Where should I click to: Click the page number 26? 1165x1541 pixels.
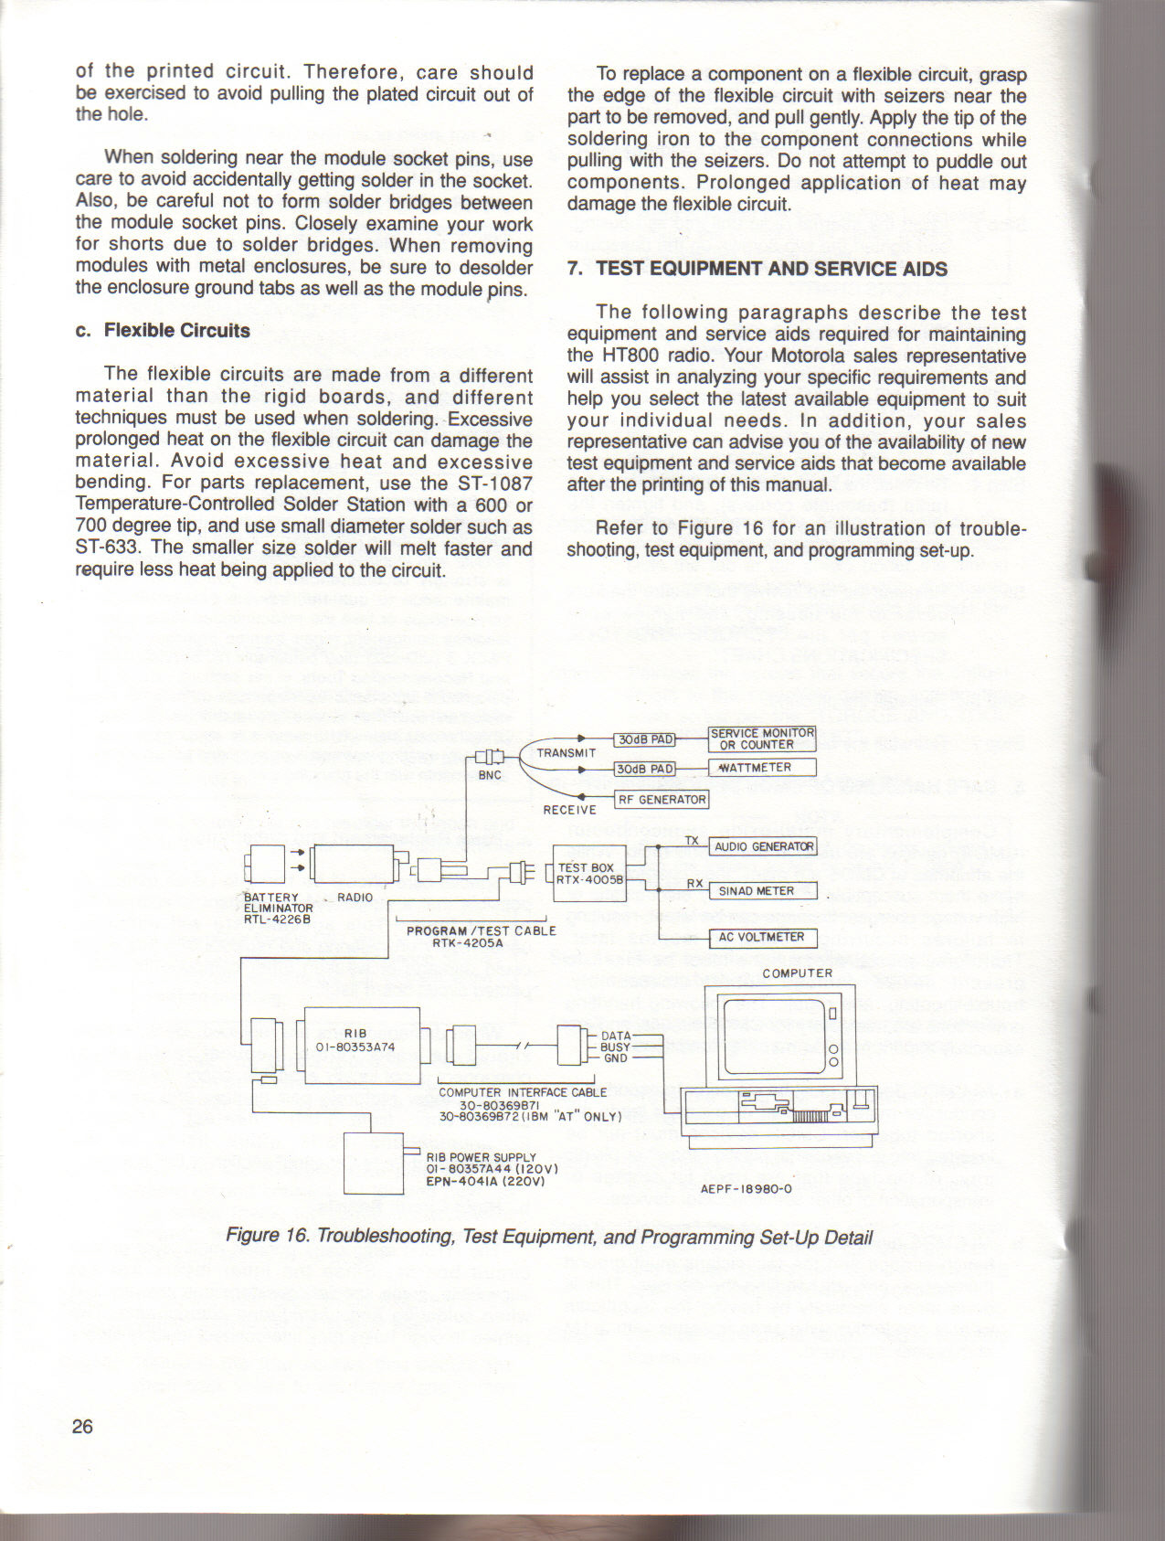click(82, 1427)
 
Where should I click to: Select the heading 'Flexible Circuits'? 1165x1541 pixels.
click(176, 331)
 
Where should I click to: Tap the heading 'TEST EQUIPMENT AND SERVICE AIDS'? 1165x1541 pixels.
click(771, 269)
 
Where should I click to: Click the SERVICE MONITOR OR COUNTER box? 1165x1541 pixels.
click(762, 739)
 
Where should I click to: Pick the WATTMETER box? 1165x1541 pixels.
click(762, 768)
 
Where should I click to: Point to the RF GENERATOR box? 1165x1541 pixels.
click(662, 800)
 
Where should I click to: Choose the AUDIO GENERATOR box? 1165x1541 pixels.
click(763, 846)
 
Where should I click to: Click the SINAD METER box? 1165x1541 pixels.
click(763, 891)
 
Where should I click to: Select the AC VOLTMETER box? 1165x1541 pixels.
click(763, 937)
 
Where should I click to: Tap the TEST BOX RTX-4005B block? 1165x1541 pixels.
click(590, 874)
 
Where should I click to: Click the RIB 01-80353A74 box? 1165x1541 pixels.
click(361, 1045)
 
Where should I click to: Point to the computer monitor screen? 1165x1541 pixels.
click(772, 1036)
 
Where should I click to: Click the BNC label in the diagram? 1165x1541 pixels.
click(491, 775)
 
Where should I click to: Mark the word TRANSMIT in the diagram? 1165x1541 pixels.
click(567, 753)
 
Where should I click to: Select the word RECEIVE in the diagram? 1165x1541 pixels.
click(569, 810)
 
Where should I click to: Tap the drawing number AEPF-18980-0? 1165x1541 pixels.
click(746, 1189)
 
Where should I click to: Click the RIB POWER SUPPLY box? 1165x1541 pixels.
click(373, 1163)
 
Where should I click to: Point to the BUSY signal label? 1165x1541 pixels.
click(615, 1047)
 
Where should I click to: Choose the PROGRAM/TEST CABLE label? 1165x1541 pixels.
click(481, 930)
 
